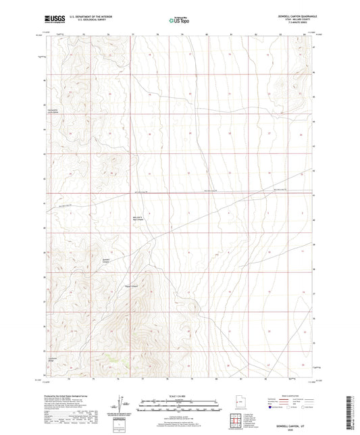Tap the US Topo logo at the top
coord(178,20)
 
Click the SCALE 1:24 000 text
coord(180,396)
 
